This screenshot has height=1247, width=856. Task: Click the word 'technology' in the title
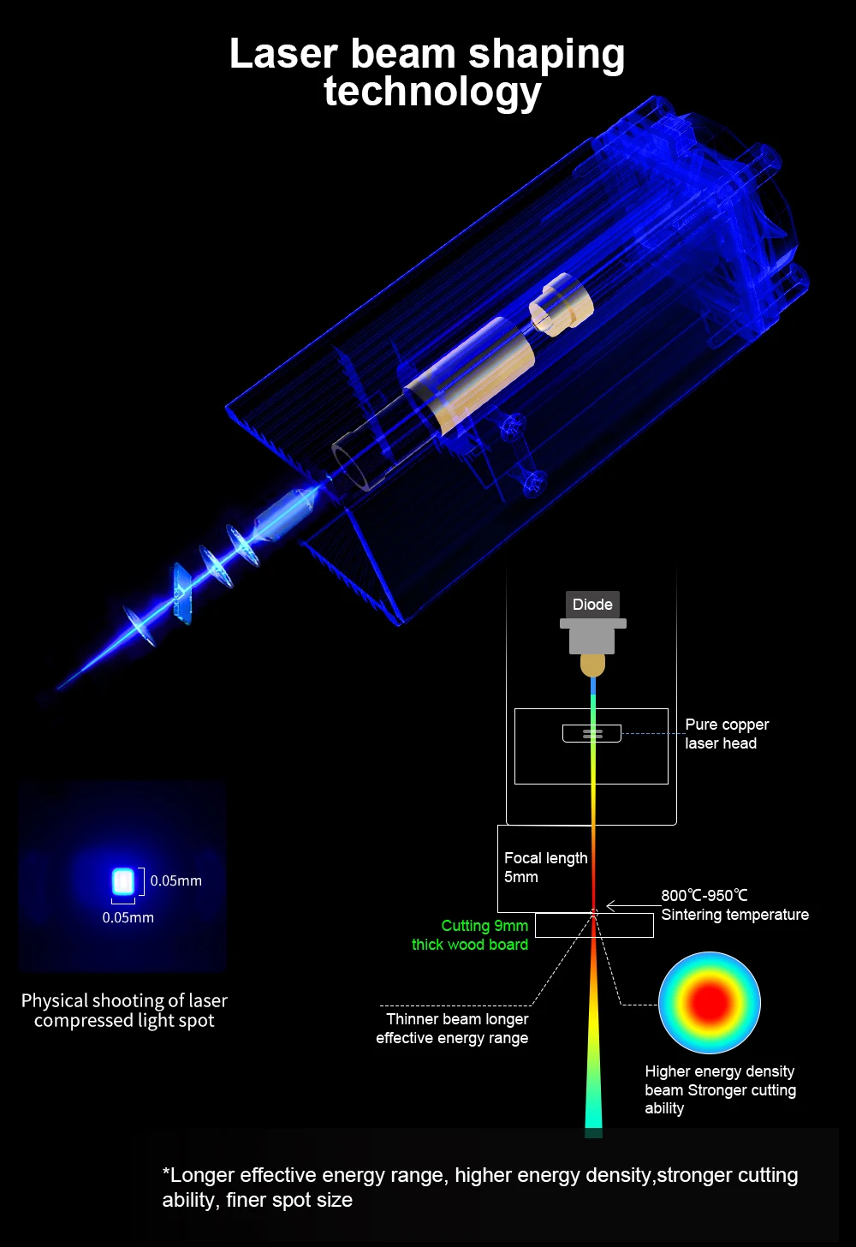432,92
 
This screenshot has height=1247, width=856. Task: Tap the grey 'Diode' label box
592,605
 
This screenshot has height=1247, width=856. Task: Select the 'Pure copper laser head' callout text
726,734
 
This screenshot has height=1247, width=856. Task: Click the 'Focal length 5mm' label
545,867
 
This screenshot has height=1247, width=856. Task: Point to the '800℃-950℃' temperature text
704,895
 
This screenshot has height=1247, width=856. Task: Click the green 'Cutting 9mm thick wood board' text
470,935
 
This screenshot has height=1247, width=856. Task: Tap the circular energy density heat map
710,1002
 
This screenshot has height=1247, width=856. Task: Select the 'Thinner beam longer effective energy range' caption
453,1029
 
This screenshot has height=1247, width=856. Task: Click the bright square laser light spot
123,881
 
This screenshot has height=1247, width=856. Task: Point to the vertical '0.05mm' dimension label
176,880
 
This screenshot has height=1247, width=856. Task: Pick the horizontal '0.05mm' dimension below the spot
128,917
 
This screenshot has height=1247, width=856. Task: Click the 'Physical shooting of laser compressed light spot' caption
124,1011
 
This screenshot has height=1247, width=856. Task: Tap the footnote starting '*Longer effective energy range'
479,1187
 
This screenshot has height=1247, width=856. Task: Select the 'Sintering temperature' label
734,915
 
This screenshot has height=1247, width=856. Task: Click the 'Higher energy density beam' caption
720,1089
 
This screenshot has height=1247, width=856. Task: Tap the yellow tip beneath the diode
592,665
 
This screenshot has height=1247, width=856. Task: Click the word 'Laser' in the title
283,54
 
